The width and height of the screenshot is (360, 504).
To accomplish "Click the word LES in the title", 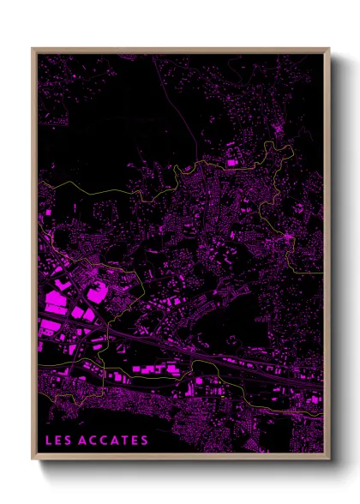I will pos(57,441).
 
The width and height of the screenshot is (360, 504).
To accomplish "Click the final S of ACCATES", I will pos(145,441).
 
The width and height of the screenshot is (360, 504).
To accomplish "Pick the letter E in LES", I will pos(57,441).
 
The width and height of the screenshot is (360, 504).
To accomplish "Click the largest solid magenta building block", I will pos(54,300).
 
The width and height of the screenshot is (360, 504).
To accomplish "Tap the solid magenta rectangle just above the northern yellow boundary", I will pos(231,160).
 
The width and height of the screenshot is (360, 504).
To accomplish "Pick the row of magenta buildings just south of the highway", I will pos(154,369).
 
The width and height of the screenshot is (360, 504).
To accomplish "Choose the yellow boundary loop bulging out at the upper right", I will pos(304,249).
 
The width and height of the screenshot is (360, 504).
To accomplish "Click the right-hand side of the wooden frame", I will pos(327,257).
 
